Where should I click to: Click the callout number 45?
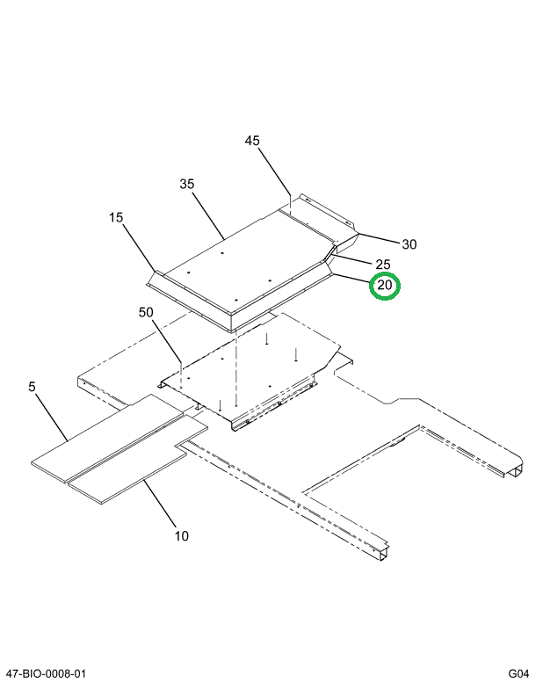coord(253,141)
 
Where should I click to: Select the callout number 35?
coord(186,185)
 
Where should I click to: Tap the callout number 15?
coord(117,217)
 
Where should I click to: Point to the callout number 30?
coord(409,244)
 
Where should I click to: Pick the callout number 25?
coord(382,265)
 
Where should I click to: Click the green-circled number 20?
coord(384,286)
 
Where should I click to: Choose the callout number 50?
coord(146,312)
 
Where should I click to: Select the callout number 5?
coord(32,386)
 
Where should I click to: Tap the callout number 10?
coord(181,535)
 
